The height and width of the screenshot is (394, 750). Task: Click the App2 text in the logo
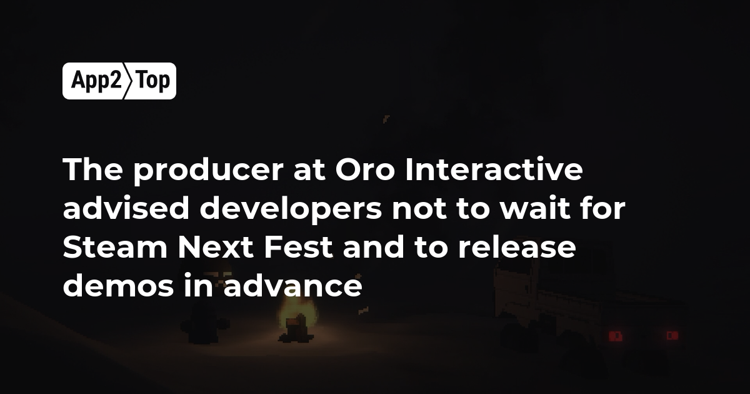[96, 81]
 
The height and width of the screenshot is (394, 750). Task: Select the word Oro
[365, 170]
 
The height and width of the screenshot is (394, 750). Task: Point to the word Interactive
[494, 169]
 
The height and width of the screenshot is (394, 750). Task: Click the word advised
[126, 208]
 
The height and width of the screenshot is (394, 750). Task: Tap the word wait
[535, 208]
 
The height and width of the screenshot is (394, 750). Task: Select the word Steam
[115, 247]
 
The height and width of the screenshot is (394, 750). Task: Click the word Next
[215, 247]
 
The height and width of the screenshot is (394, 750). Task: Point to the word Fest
[298, 247]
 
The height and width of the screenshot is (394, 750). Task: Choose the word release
[517, 246]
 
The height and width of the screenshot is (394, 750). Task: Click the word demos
[118, 285]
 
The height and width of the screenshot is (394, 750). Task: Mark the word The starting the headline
[92, 169]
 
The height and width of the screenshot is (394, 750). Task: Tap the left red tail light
[616, 336]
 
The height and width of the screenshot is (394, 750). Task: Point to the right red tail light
[672, 335]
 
